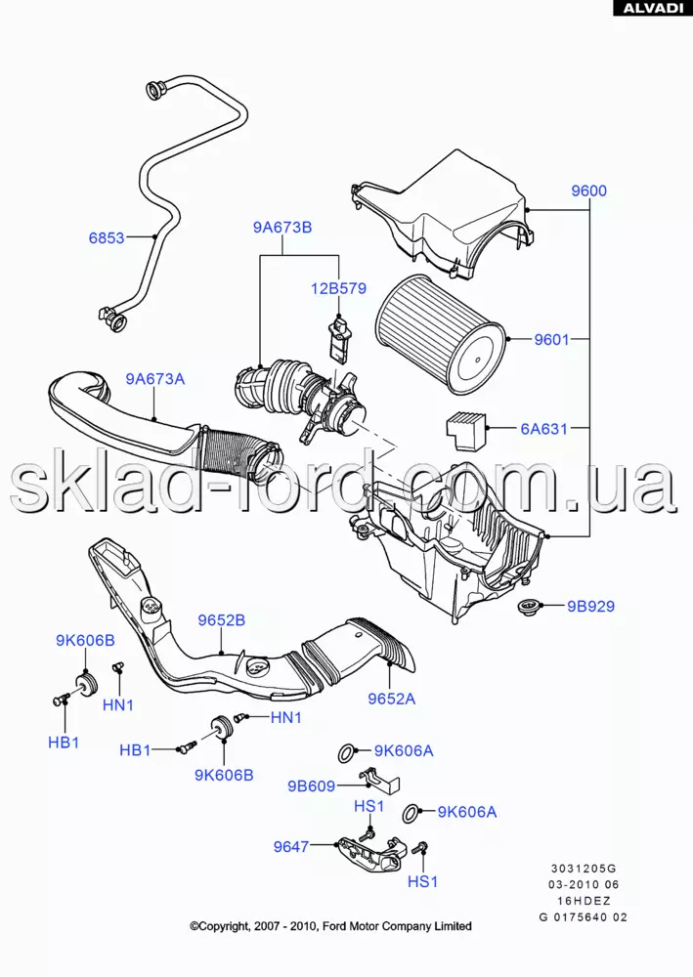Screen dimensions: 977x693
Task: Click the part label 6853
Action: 106,236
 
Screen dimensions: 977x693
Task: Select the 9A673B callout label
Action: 282,228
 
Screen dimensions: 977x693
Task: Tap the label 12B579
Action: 338,288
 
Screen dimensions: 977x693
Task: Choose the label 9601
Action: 551,340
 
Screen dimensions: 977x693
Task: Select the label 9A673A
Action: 154,379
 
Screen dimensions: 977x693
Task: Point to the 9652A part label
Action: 392,699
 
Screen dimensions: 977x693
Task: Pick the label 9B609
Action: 311,786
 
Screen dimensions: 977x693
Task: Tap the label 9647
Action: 291,846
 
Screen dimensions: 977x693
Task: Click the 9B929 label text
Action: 591,606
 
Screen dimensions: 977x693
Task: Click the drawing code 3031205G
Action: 585,868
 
